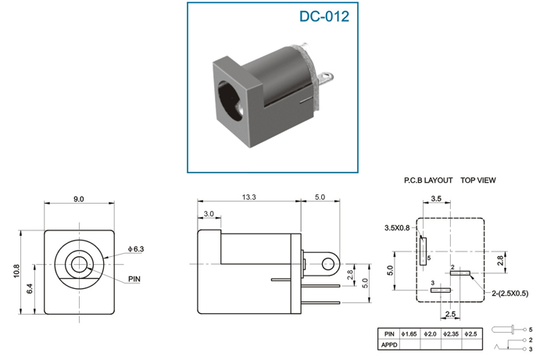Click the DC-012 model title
[324, 16]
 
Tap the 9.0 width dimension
[78, 199]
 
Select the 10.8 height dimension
[16, 271]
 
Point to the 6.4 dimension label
[30, 289]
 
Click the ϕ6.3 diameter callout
[136, 249]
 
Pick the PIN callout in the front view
[134, 279]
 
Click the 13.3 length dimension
[248, 197]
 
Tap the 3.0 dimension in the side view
[209, 214]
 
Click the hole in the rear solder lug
[327, 264]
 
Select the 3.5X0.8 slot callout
[397, 228]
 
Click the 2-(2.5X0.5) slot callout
[510, 294]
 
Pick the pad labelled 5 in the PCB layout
[424, 251]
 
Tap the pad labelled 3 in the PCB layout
[441, 290]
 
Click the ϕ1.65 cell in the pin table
[409, 334]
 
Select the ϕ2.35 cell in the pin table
[451, 334]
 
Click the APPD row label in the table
[389, 344]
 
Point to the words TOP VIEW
[478, 180]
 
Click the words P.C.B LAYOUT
[428, 180]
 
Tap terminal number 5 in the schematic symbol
[531, 330]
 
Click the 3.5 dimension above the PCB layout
[436, 198]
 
